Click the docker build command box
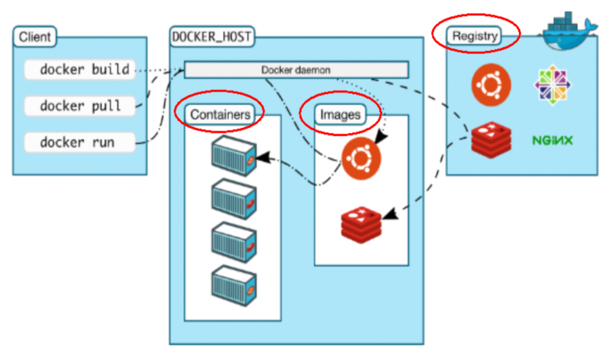[x=80, y=70]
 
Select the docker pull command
[x=80, y=106]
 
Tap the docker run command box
[x=80, y=142]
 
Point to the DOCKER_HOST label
[x=212, y=37]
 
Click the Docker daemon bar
[x=296, y=70]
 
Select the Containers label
[x=220, y=115]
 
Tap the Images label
[x=340, y=115]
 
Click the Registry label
[x=475, y=36]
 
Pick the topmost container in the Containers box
[x=233, y=156]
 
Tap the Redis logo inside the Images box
[x=361, y=224]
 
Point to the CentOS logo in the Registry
[x=553, y=84]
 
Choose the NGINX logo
[x=552, y=141]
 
